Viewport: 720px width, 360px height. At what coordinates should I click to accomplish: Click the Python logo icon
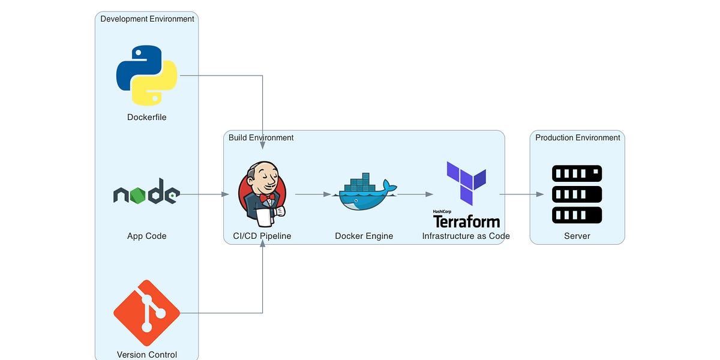146,76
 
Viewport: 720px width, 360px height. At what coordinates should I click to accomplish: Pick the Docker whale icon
365,193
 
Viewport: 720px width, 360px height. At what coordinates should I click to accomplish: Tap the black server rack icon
577,194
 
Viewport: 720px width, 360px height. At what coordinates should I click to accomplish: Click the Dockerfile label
146,117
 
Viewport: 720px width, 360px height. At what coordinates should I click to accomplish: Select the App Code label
146,236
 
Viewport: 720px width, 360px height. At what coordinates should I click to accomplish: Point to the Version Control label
146,355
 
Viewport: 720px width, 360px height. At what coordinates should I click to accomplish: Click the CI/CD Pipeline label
262,236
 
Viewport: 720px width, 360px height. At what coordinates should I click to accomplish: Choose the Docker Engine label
364,236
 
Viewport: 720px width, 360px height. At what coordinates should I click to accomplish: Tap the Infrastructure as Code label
466,236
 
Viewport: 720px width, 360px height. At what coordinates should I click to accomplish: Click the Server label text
577,236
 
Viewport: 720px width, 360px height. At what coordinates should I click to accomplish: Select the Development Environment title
147,19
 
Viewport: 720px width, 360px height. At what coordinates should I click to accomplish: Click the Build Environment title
261,137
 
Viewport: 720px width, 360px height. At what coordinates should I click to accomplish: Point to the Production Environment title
577,137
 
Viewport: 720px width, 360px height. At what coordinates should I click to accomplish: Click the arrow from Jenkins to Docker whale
313,194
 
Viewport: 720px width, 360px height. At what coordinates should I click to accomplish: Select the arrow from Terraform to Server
521,194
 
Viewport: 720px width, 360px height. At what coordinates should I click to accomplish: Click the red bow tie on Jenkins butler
267,197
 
